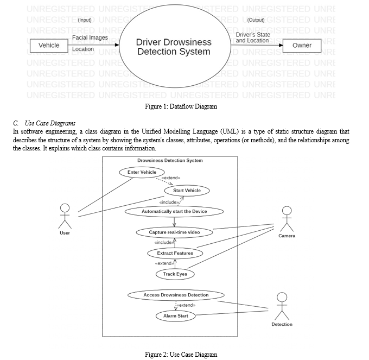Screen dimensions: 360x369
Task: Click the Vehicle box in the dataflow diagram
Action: [49, 45]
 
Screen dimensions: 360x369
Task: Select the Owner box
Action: [302, 45]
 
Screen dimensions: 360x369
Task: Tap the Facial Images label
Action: [90, 37]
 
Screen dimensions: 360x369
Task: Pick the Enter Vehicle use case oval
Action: [142, 172]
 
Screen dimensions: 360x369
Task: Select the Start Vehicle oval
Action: [187, 191]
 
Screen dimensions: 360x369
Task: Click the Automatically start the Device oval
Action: [174, 211]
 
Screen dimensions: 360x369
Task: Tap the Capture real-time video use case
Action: [174, 232]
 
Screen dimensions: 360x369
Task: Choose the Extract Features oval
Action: [175, 253]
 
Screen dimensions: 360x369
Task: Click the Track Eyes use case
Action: [175, 274]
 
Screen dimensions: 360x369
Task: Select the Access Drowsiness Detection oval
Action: [176, 295]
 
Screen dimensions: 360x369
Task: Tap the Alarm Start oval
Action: [175, 315]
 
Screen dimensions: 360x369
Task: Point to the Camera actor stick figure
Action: [287, 219]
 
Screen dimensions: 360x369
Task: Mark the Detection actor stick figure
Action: [282, 306]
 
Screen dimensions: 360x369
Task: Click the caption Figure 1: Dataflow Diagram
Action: [181, 106]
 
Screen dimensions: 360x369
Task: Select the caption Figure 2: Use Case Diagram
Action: [181, 355]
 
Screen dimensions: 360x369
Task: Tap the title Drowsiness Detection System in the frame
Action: [170, 161]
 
